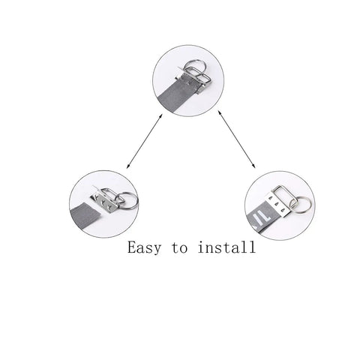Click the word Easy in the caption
(144, 247)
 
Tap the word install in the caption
(226, 247)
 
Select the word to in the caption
(179, 247)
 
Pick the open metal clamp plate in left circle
(104, 202)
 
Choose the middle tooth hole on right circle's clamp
(276, 205)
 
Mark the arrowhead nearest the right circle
(253, 166)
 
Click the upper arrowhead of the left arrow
(161, 115)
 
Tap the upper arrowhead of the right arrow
(220, 112)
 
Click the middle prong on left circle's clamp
(103, 202)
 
